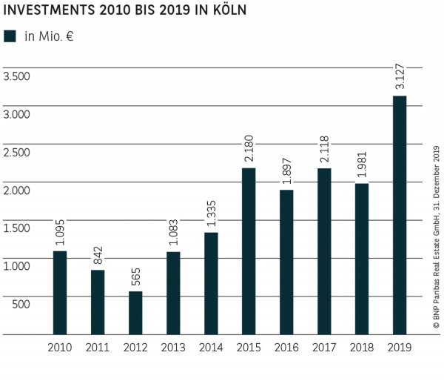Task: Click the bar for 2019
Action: click(x=399, y=215)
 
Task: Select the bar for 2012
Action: click(x=135, y=313)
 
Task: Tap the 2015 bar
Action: click(x=249, y=251)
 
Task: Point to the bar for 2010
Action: click(x=60, y=293)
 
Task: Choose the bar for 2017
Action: click(x=324, y=251)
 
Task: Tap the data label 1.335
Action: click(x=211, y=213)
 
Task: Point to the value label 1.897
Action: click(x=286, y=170)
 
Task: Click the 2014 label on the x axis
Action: click(x=211, y=346)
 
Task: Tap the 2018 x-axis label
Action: click(x=362, y=346)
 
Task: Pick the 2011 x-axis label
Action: click(x=98, y=346)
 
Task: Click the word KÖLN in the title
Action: click(x=226, y=12)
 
